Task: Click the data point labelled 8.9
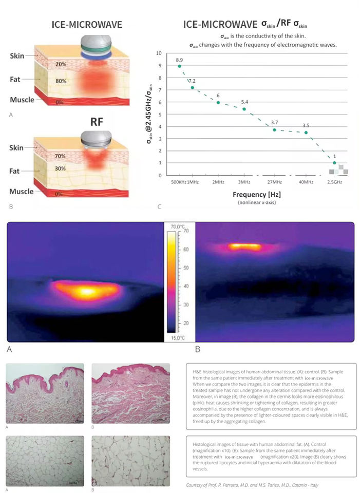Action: point(179,66)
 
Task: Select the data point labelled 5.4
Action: point(244,109)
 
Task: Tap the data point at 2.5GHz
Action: point(334,163)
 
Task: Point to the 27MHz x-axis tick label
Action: point(274,182)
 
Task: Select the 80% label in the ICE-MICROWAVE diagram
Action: point(62,80)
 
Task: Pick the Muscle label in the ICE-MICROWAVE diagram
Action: point(22,99)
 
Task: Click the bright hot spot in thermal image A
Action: point(86,291)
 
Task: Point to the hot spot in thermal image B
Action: point(245,246)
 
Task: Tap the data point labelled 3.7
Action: point(274,130)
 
